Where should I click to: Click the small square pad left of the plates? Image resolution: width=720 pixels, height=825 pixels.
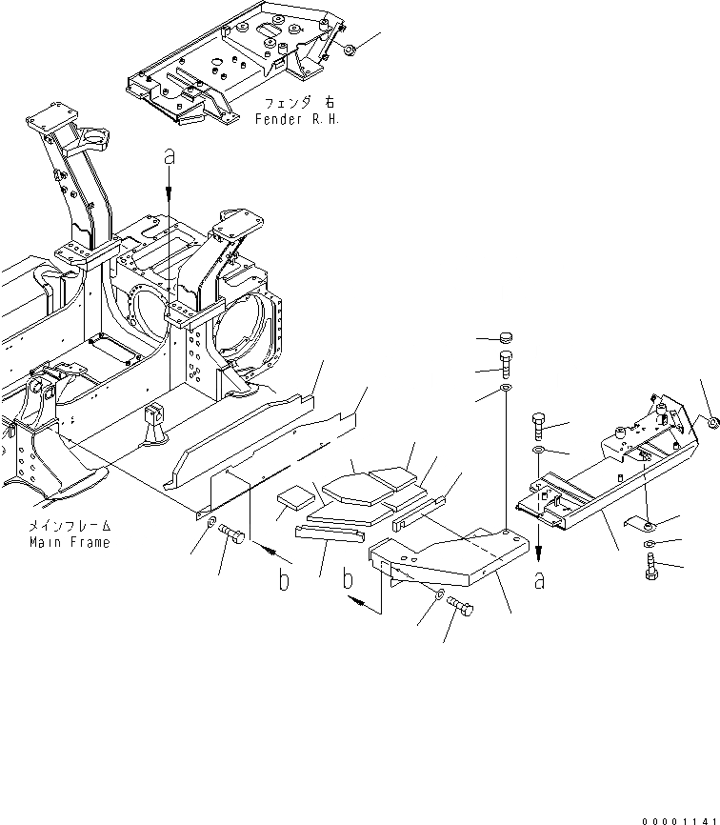click(x=295, y=499)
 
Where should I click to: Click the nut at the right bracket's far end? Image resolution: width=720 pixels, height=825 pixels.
click(x=710, y=420)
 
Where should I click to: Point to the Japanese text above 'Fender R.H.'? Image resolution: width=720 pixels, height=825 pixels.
click(x=298, y=103)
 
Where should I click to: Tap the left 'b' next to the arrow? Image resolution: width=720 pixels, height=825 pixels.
click(x=284, y=581)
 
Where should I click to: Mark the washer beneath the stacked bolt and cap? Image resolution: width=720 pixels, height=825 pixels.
click(x=505, y=392)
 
